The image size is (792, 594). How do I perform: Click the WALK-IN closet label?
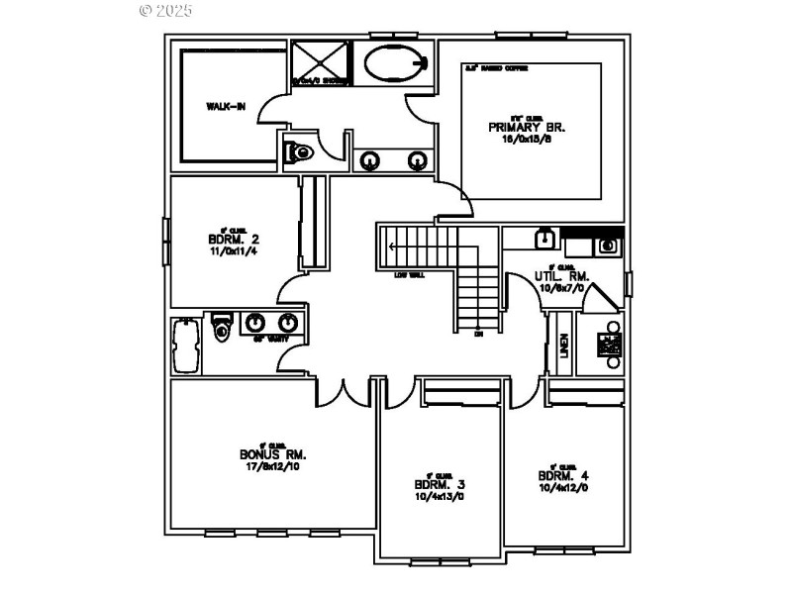(226, 105)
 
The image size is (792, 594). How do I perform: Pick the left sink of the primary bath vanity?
(371, 159)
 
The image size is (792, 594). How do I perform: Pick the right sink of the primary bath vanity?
(418, 159)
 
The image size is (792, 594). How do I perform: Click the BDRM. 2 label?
(234, 239)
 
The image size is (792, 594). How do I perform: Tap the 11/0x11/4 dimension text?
(234, 251)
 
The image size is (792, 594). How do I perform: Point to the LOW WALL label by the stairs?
(409, 274)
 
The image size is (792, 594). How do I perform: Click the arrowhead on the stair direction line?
(392, 246)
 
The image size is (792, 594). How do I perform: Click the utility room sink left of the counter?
(544, 240)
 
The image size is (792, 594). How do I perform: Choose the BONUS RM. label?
(272, 454)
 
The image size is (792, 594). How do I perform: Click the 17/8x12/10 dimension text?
(272, 467)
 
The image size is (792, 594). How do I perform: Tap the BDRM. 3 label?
(440, 485)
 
